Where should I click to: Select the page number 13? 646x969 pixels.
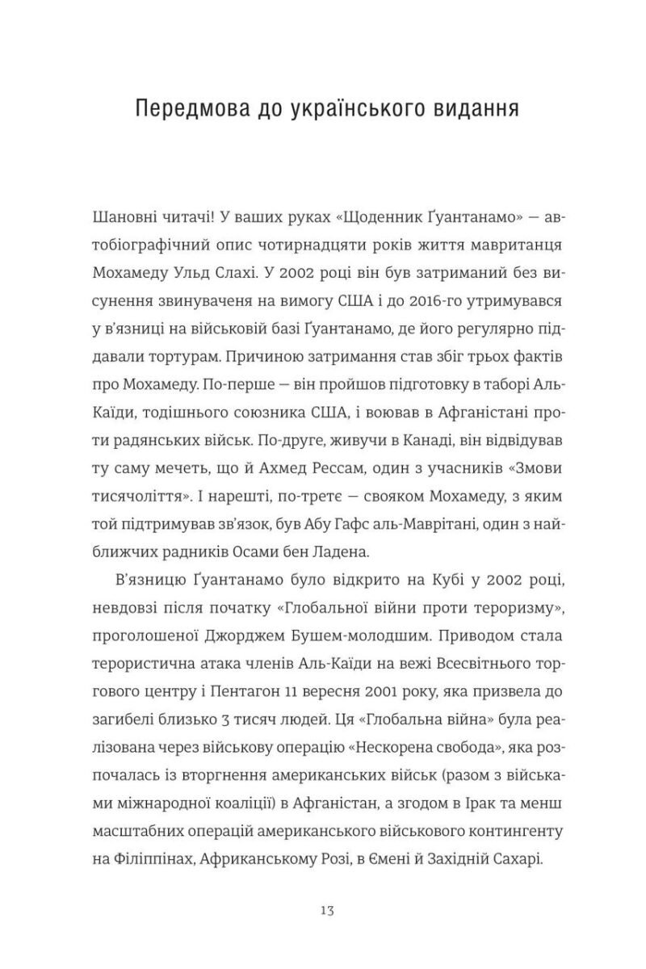[x=322, y=910]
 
